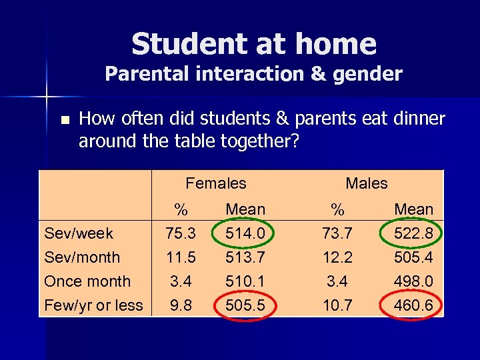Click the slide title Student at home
coord(253,45)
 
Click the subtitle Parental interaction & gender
coord(253,74)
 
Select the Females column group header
coord(216,183)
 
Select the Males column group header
coord(366,183)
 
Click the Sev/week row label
coord(79,233)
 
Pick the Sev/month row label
coord(82,257)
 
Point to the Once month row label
coord(87,281)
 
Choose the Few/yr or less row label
coord(93,305)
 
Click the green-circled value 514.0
coord(245,233)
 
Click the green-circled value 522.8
coord(414,233)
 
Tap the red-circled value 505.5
coord(245,305)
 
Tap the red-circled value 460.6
coord(414,305)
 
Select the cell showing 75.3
coord(180,233)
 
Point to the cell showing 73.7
coord(338,233)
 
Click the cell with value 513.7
coord(245,257)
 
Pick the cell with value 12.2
coord(338,257)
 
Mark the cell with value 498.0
coord(414,281)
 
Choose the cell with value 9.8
coord(180,305)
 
